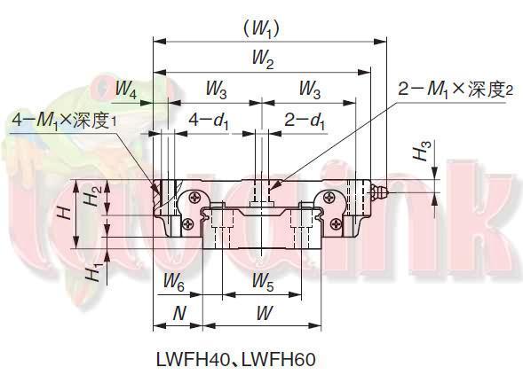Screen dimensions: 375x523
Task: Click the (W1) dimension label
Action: pyautogui.click(x=262, y=29)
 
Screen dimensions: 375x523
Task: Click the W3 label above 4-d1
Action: pyautogui.click(x=217, y=89)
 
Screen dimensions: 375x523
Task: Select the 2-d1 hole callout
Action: pyautogui.click(x=305, y=118)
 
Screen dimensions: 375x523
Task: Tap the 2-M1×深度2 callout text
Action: pyautogui.click(x=455, y=89)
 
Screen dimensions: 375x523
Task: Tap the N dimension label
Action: pyautogui.click(x=178, y=313)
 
